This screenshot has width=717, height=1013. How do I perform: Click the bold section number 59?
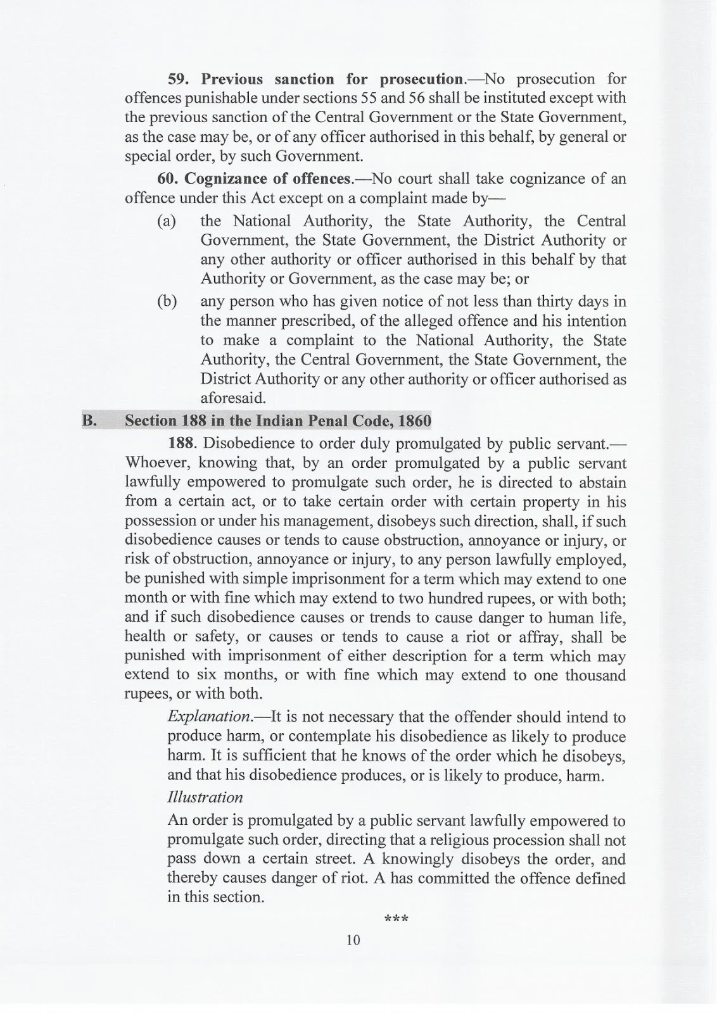pyautogui.click(x=180, y=79)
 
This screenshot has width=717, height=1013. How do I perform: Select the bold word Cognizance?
pyautogui.click(x=226, y=179)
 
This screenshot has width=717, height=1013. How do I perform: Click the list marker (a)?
pyautogui.click(x=167, y=222)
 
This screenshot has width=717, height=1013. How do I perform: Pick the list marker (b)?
pyautogui.click(x=167, y=301)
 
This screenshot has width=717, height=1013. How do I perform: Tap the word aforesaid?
pyautogui.click(x=233, y=398)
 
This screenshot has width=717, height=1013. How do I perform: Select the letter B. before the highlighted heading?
pyautogui.click(x=89, y=421)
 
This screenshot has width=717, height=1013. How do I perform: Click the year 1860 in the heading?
pyautogui.click(x=414, y=421)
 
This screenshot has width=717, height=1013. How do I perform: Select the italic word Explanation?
pyautogui.click(x=208, y=717)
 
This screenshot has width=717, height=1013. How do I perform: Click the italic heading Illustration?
pyautogui.click(x=205, y=797)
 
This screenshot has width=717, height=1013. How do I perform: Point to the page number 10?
pyautogui.click(x=353, y=940)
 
